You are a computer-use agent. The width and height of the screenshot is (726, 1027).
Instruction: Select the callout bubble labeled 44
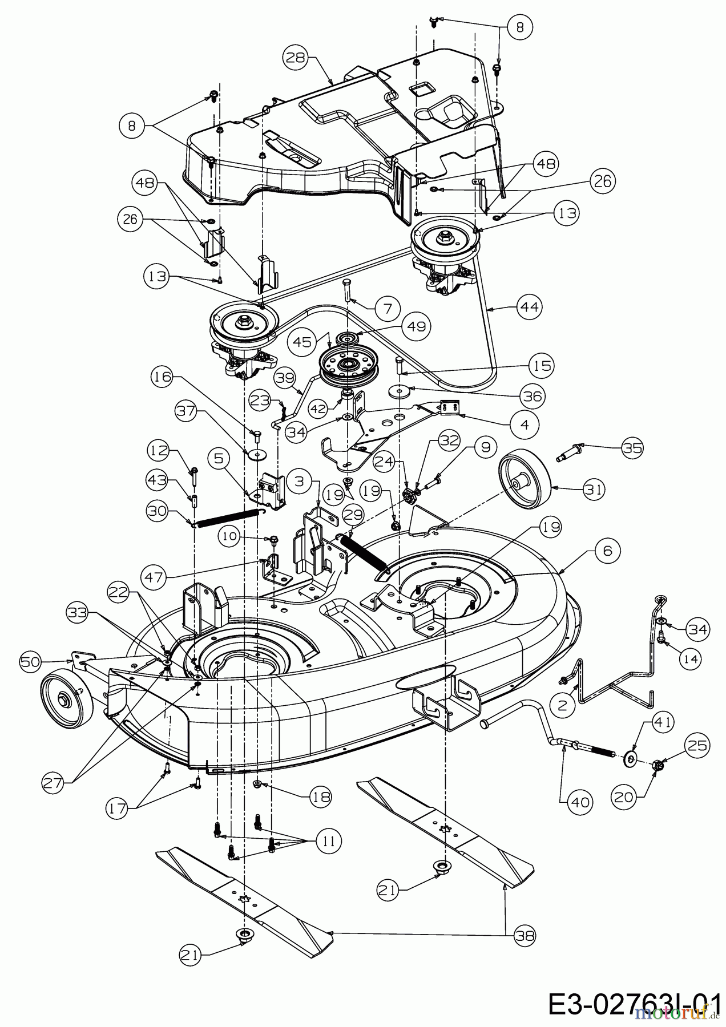click(x=529, y=307)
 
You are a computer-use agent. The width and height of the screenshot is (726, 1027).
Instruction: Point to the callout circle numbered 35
click(x=631, y=448)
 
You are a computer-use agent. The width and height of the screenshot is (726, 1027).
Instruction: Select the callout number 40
click(x=582, y=802)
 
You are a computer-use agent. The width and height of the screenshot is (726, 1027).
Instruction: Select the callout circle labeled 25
click(x=697, y=746)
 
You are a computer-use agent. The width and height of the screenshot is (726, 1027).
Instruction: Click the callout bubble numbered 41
click(x=662, y=722)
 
